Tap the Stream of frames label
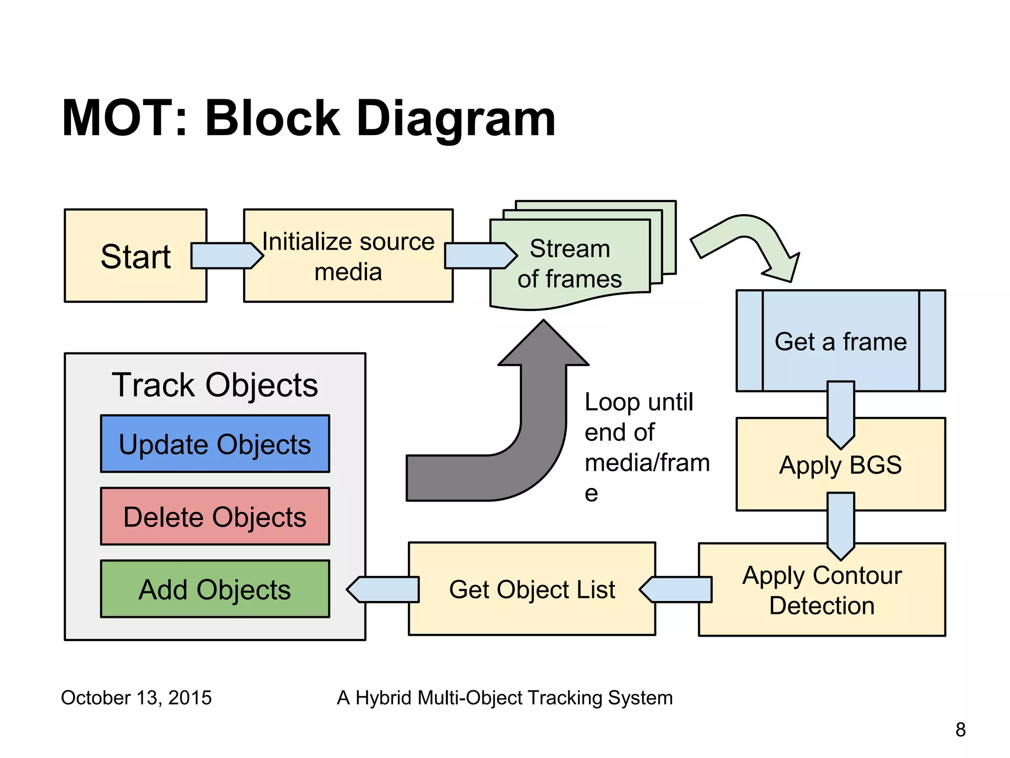(570, 264)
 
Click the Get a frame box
(840, 341)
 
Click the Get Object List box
(532, 589)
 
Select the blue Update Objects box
(215, 444)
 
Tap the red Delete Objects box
(215, 517)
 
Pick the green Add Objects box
(215, 589)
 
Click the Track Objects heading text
(215, 385)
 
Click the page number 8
(960, 729)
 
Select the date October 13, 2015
(136, 698)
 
